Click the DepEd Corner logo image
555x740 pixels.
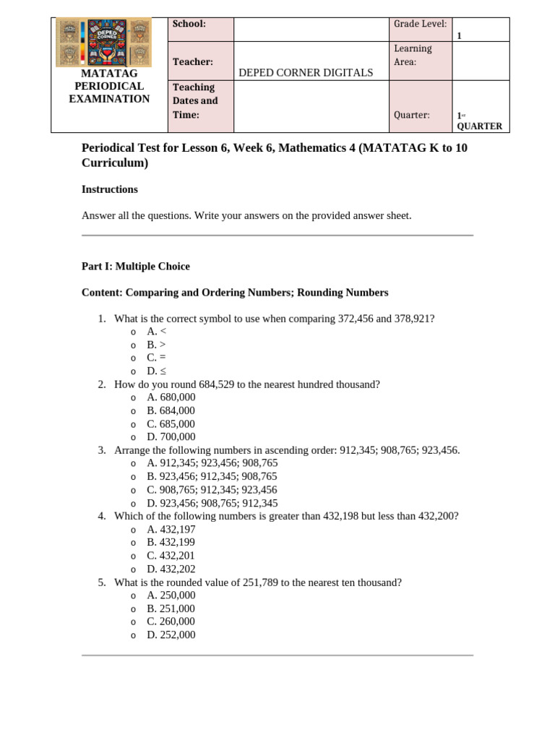tap(104, 43)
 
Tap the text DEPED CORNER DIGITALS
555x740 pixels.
tap(306, 72)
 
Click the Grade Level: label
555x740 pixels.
tap(420, 24)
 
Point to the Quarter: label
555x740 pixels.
tap(411, 115)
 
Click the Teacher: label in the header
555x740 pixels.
tap(192, 63)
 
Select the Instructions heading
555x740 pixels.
tap(110, 189)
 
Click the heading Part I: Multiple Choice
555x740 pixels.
tap(136, 266)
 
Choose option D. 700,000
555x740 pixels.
tap(171, 436)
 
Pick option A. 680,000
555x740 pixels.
tap(171, 397)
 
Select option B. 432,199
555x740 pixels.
tap(171, 542)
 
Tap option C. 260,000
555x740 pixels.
tap(171, 621)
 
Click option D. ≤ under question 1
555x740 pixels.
tap(157, 371)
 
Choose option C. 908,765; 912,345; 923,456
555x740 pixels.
tap(212, 489)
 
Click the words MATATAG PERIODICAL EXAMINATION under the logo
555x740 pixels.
tap(109, 86)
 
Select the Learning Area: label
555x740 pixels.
tap(413, 55)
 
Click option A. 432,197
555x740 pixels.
tap(171, 529)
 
